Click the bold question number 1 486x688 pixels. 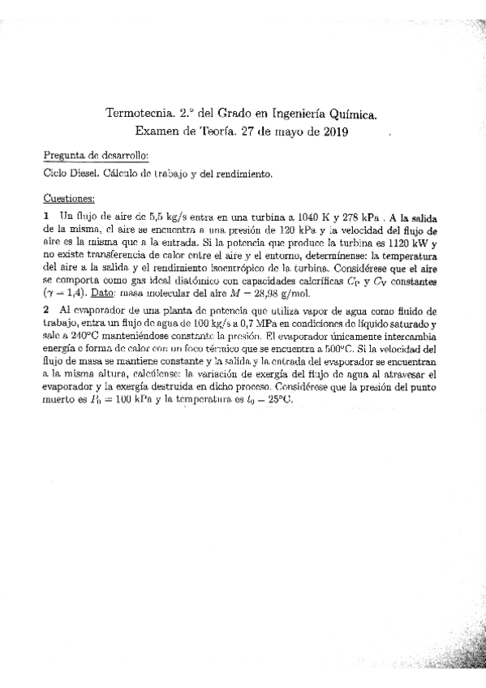click(45, 217)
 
